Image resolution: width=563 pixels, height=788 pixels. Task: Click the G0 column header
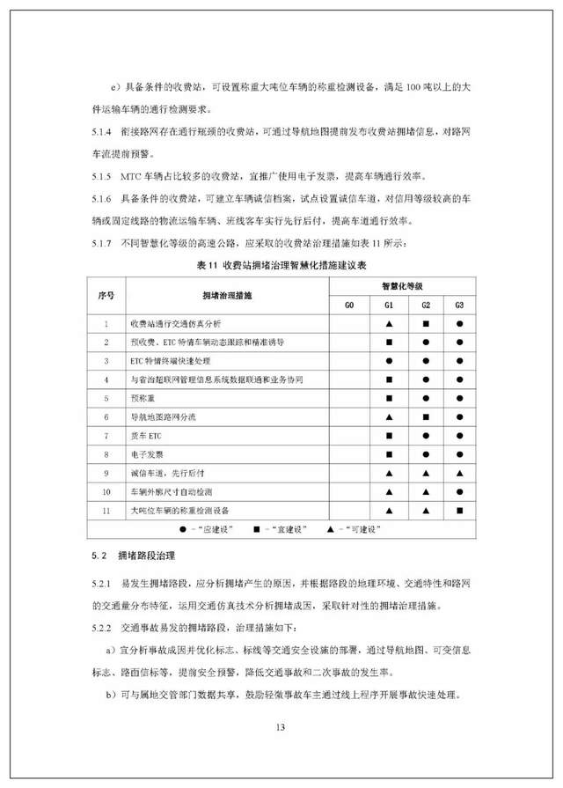[x=349, y=305]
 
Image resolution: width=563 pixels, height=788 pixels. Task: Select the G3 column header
[x=459, y=305]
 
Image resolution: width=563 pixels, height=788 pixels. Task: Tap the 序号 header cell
[x=106, y=295]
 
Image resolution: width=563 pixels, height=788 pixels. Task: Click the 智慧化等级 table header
[x=404, y=286]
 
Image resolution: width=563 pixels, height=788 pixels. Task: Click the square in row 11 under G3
[x=459, y=510]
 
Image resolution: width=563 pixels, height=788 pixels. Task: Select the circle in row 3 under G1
[x=387, y=361]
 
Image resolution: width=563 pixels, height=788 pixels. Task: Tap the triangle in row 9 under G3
[x=459, y=473]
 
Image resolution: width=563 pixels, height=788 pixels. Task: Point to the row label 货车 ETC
[x=147, y=436]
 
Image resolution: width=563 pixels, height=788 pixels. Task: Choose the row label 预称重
[x=142, y=398]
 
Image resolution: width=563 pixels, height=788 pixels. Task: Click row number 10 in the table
[x=106, y=491]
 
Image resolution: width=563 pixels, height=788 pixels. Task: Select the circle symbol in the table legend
[x=181, y=528]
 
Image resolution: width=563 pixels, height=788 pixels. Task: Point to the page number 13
[x=281, y=727]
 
